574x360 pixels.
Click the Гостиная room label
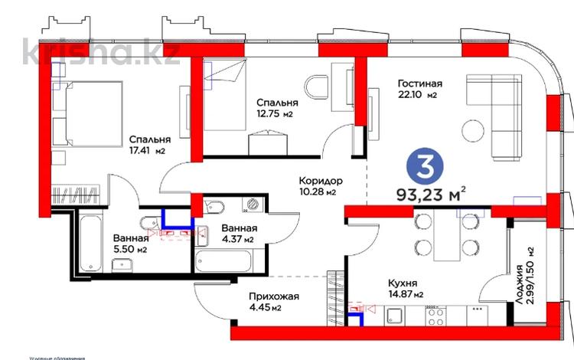click(x=420, y=83)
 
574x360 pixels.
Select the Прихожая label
click(x=273, y=296)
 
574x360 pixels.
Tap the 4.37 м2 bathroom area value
click(x=238, y=240)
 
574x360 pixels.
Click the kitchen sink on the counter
click(x=395, y=316)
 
